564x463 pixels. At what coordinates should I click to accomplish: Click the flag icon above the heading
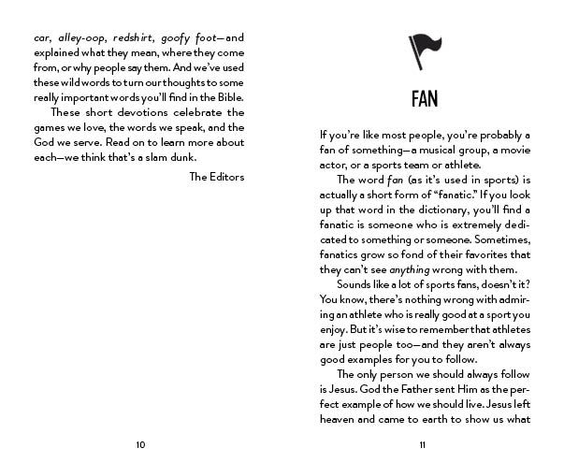[x=423, y=46]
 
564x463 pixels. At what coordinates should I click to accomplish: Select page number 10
[x=140, y=443]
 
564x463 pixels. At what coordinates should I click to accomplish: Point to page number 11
[x=423, y=443]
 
